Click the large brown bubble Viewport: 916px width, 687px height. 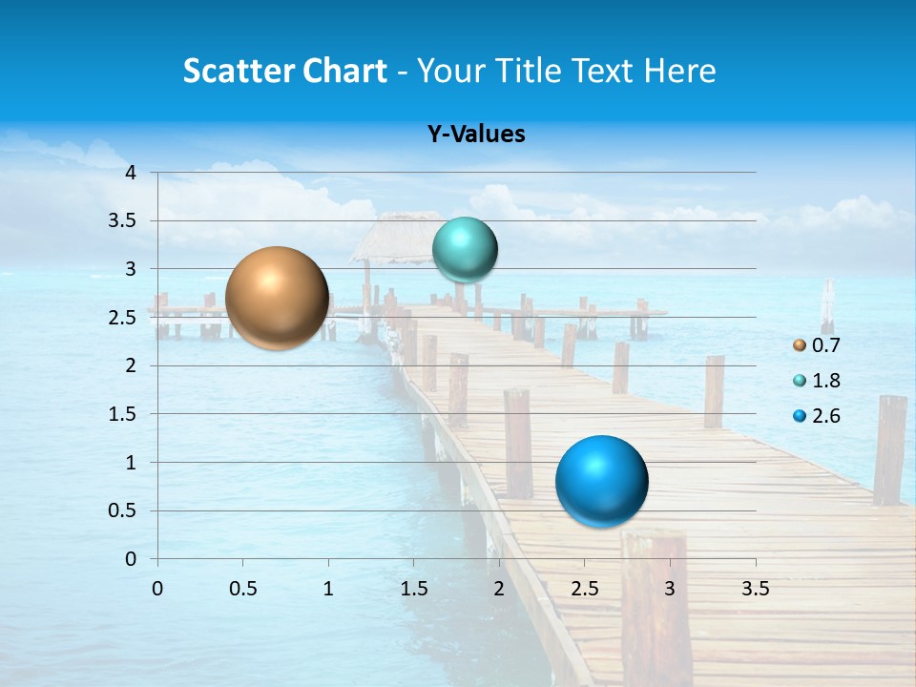277,298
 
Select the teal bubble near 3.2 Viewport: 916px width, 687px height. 465,250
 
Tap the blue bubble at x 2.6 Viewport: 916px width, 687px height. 601,481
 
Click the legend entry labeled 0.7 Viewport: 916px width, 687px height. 817,345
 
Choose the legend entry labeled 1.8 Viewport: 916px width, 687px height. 817,381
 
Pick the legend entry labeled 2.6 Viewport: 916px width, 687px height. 817,416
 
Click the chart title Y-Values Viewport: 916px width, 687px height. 476,135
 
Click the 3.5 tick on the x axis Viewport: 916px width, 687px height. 755,589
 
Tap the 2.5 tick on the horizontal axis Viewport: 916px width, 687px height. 584,589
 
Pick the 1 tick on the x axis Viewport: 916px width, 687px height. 328,589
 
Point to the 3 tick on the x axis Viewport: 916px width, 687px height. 670,589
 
